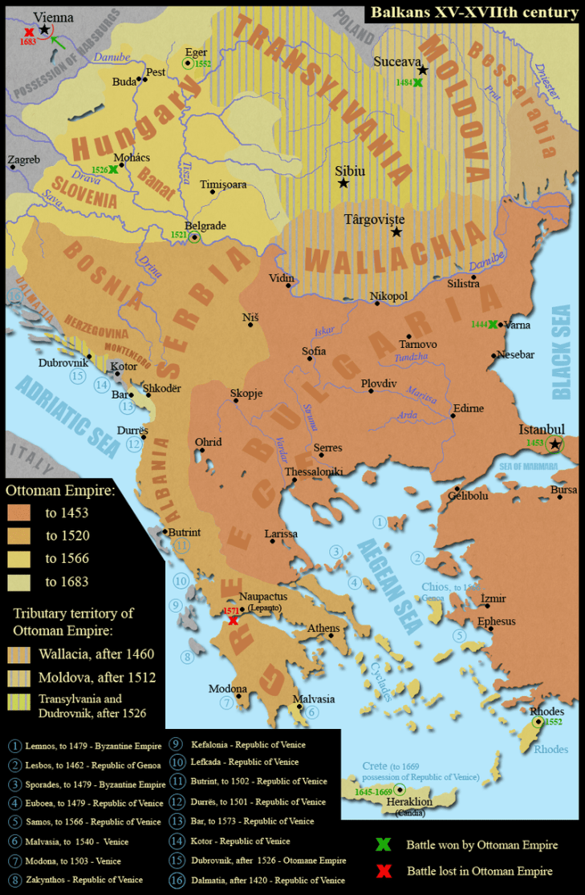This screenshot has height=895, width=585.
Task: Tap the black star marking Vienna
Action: pos(43,29)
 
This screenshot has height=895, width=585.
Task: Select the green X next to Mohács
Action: pos(113,170)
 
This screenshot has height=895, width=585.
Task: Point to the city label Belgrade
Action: pos(205,225)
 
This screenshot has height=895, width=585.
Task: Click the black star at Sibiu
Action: pos(343,184)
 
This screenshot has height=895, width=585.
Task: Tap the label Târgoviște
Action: pos(374,218)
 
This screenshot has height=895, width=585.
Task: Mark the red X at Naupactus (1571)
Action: pos(232,619)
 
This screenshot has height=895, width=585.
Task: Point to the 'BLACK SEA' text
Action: pos(561,351)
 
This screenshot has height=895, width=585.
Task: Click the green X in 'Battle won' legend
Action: pos(383,844)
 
